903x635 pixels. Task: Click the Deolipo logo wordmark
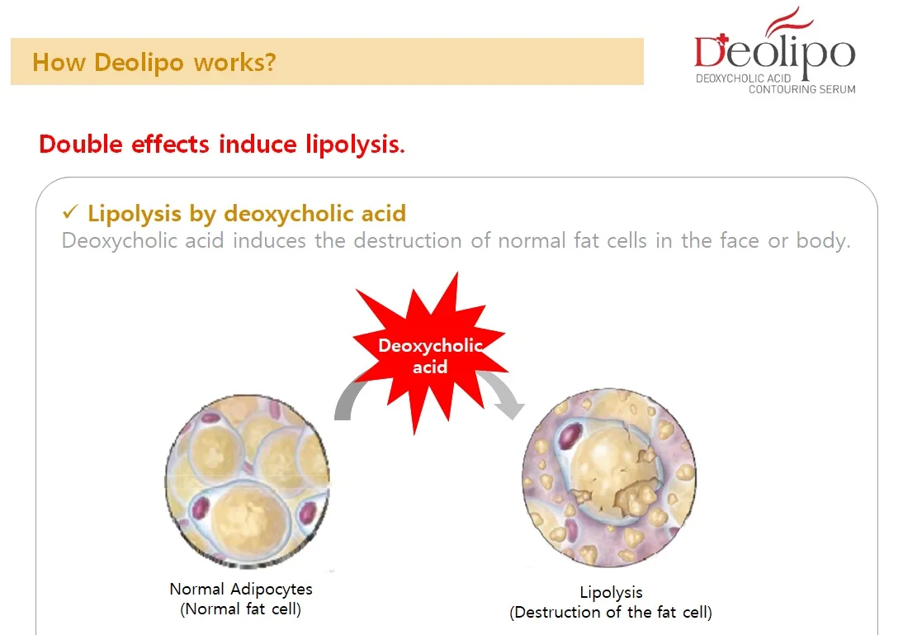point(773,51)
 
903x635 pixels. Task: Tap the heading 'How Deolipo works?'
point(154,62)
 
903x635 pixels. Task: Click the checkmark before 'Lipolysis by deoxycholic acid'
point(69,214)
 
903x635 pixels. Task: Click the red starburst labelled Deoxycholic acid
point(429,355)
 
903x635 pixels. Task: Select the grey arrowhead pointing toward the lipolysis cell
point(510,407)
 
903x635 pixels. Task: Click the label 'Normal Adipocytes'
point(241,589)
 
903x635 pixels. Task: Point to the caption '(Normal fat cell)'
point(241,610)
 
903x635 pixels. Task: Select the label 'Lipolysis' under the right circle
point(611,592)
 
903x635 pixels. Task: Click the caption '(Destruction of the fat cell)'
point(611,613)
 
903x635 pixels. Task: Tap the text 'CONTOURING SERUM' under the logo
point(801,89)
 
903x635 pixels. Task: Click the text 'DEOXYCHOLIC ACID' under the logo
point(744,78)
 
